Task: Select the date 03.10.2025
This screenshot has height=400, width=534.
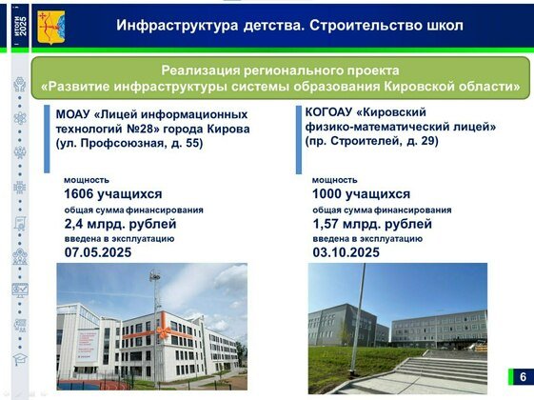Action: click(346, 252)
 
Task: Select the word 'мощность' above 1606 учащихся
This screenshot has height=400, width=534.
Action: click(87, 179)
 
